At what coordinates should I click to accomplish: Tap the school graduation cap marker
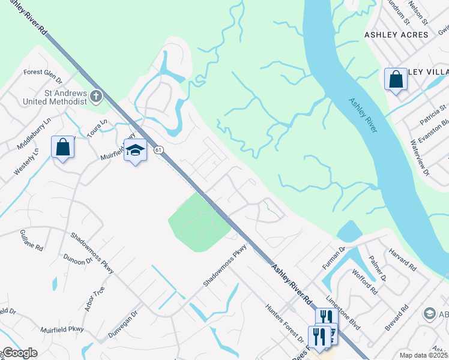[x=135, y=150]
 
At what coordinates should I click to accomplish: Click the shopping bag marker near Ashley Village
[x=396, y=79]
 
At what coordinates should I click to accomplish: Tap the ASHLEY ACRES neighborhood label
[x=397, y=35]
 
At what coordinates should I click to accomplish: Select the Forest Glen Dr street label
[x=43, y=72]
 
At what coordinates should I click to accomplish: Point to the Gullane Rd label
[x=31, y=238]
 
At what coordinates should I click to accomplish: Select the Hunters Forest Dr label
[x=285, y=322]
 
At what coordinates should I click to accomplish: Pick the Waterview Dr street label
[x=420, y=157]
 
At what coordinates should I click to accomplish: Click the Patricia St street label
[x=433, y=113]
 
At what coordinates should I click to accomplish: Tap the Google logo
[x=19, y=353]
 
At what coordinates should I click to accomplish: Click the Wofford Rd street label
[x=366, y=283]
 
